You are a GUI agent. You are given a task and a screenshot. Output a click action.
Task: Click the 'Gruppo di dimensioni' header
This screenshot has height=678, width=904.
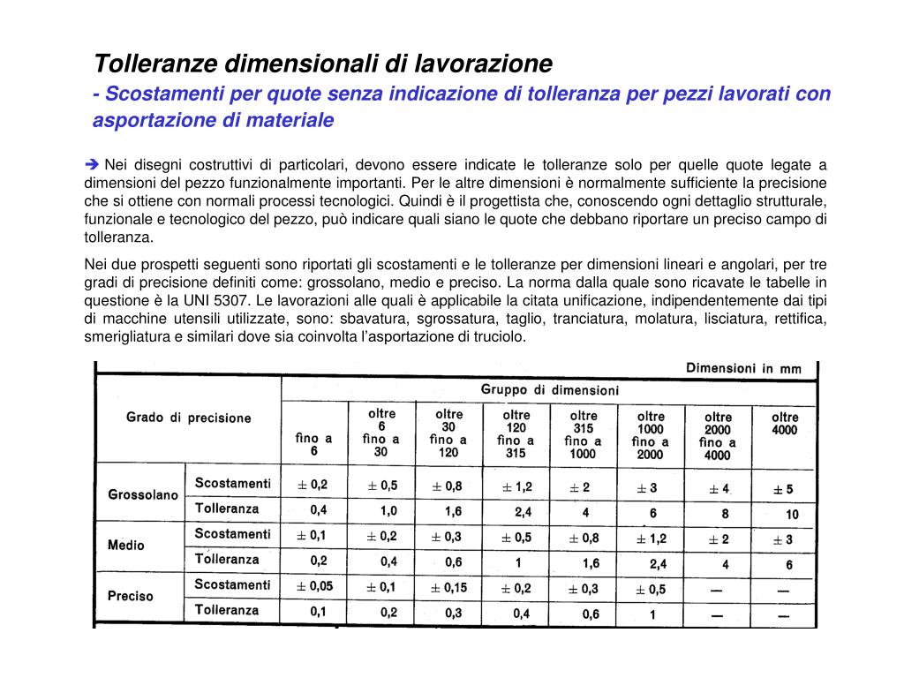(x=549, y=389)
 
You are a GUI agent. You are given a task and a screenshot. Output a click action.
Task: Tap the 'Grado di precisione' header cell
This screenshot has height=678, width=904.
(x=188, y=418)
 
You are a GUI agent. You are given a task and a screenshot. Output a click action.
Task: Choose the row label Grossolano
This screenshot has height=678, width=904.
(x=142, y=495)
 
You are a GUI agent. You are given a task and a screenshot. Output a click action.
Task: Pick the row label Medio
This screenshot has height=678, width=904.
(x=125, y=545)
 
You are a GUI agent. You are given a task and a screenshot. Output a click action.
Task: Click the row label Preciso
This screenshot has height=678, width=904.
(x=130, y=596)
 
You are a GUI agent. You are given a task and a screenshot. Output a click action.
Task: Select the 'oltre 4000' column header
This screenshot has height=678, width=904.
(x=784, y=424)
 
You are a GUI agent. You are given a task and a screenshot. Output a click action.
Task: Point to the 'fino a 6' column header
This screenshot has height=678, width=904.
(x=313, y=443)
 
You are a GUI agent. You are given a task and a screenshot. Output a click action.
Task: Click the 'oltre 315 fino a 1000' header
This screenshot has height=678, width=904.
(x=583, y=434)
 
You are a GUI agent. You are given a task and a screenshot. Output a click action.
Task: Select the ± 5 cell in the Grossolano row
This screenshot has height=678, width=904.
(x=783, y=489)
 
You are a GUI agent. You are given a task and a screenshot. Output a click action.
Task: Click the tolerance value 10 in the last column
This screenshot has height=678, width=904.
(x=792, y=514)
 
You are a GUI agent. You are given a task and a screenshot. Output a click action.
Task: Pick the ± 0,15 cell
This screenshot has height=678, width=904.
(x=448, y=588)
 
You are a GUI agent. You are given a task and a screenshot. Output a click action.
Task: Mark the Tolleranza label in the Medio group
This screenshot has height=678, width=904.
(x=227, y=559)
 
